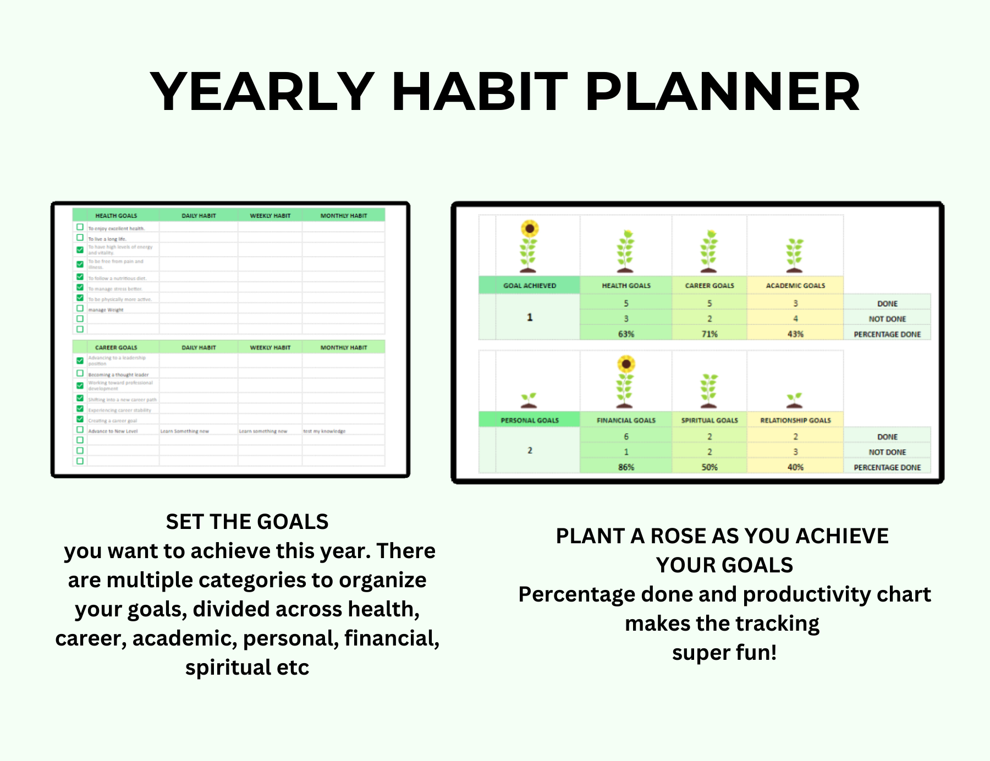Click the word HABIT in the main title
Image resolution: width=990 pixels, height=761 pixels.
click(x=479, y=92)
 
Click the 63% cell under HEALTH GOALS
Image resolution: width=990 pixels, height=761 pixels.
click(x=626, y=334)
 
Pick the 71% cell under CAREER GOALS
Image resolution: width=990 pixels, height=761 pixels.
click(x=710, y=334)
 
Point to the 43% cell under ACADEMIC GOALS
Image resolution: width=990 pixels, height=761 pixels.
click(x=795, y=334)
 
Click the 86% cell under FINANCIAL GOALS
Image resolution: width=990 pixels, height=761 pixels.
click(x=626, y=467)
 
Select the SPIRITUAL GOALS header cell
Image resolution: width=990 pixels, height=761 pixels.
click(x=710, y=420)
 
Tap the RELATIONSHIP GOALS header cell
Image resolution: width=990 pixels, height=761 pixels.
click(x=795, y=420)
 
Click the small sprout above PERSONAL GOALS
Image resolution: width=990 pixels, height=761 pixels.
click(x=529, y=400)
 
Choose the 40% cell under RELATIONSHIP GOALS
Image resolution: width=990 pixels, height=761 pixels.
click(x=795, y=467)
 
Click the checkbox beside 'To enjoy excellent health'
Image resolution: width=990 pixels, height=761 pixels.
click(x=80, y=227)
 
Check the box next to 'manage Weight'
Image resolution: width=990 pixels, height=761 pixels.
click(x=80, y=308)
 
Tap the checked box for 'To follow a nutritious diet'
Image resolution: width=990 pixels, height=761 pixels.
click(x=80, y=277)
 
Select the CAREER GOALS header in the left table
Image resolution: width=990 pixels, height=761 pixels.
click(x=116, y=348)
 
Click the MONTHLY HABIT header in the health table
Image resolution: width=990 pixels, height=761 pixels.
click(x=344, y=216)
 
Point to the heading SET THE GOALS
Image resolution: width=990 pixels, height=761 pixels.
click(x=247, y=521)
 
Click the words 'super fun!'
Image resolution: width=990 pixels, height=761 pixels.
click(x=724, y=653)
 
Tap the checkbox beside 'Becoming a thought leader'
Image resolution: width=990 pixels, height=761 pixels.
click(x=80, y=373)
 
